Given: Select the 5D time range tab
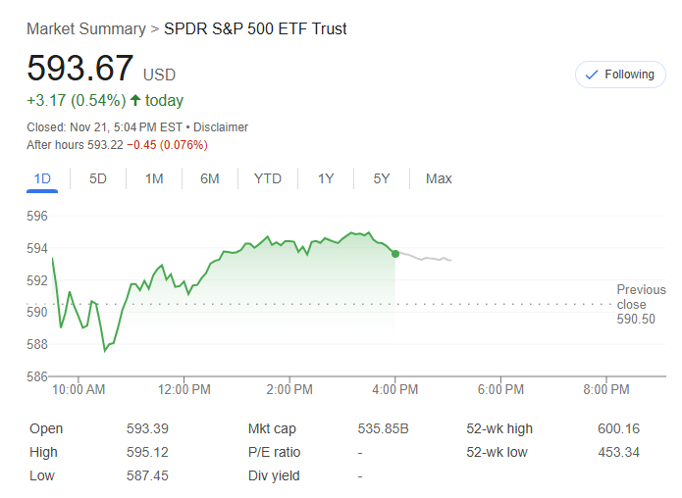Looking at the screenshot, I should [x=98, y=178].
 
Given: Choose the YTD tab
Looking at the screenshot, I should [x=267, y=178].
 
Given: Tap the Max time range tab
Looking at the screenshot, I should [x=439, y=178].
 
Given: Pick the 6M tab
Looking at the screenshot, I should [x=209, y=178].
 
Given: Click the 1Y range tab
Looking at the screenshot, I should [x=326, y=178].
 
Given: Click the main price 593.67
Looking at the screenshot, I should [x=80, y=69].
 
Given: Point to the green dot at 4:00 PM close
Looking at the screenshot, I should [x=395, y=254].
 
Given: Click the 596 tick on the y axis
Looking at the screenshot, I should [x=36, y=216].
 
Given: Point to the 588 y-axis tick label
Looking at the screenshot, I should [x=36, y=344].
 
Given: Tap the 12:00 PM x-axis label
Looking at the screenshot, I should [x=184, y=390].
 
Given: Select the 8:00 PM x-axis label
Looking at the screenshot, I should [x=605, y=390].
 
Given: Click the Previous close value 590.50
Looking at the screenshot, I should [x=636, y=320].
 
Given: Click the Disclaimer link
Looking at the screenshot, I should [x=221, y=127].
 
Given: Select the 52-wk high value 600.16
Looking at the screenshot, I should [x=618, y=428].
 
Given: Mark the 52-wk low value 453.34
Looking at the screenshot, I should [x=618, y=452].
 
